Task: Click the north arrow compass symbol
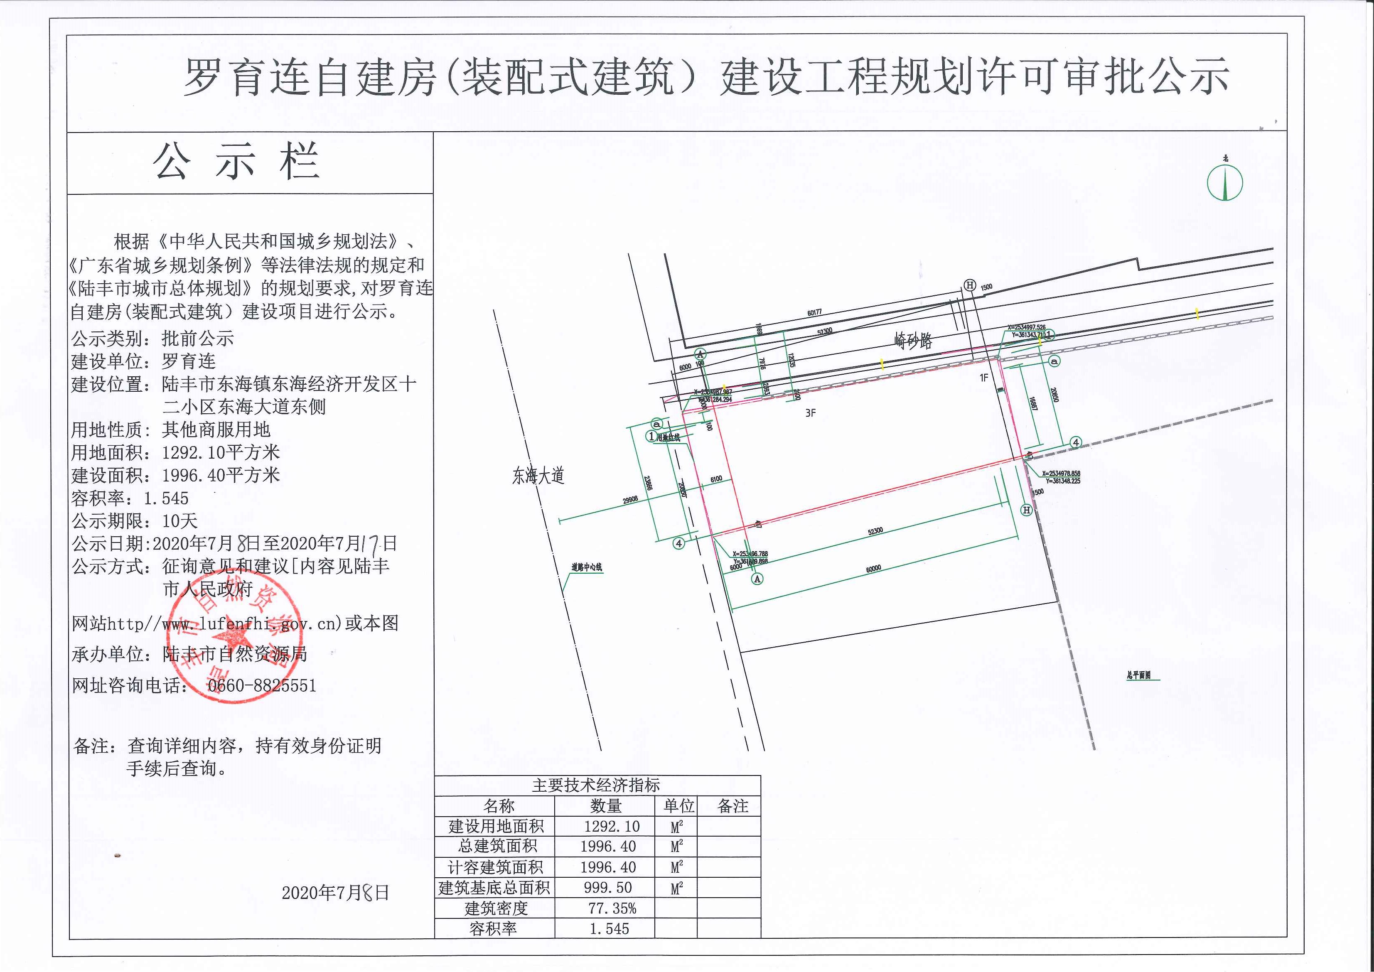click(1224, 182)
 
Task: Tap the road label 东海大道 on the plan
click(538, 476)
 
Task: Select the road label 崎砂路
click(913, 341)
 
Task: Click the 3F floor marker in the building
click(810, 413)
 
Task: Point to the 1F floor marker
click(983, 378)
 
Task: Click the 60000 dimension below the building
click(873, 569)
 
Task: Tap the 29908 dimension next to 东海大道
click(630, 500)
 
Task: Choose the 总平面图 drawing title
click(1139, 675)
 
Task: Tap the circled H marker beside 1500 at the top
click(970, 285)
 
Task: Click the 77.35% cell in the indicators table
click(612, 908)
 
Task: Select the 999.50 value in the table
click(608, 888)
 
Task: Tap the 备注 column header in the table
click(733, 806)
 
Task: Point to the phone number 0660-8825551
click(262, 685)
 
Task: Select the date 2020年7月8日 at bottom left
click(335, 892)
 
